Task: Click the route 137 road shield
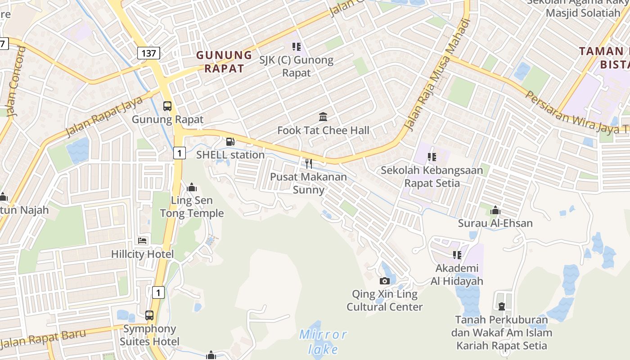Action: pos(148,54)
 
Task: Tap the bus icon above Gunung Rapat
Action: pos(167,106)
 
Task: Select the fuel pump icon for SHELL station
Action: pos(230,142)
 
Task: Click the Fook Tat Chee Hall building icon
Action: pos(323,117)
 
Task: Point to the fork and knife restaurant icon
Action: pos(308,163)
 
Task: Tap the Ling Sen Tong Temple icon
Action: pos(192,187)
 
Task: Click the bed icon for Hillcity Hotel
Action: pos(143,241)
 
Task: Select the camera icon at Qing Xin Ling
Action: pos(385,281)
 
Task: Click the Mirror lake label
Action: pos(324,342)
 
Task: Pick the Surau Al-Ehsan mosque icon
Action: pos(495,210)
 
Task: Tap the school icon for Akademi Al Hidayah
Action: pos(457,255)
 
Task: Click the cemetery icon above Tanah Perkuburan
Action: pos(501,306)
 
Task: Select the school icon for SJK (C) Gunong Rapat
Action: pos(296,46)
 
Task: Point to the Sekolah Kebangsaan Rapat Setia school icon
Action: pos(432,157)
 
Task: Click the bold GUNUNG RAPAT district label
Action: pos(224,62)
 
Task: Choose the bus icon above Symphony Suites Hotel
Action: pos(149,315)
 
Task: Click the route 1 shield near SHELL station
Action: pos(179,153)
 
